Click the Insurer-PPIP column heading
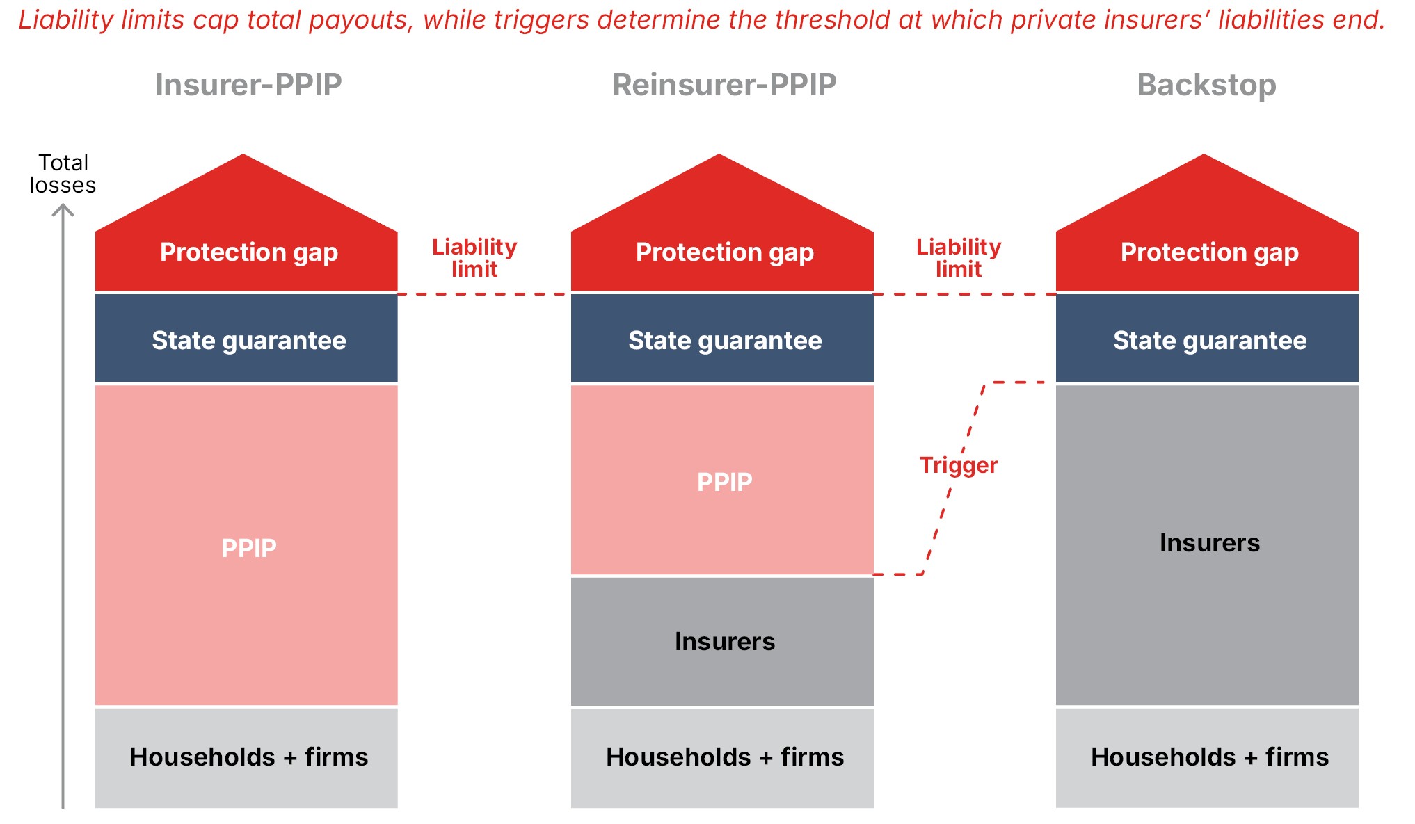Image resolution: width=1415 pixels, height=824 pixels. (x=248, y=85)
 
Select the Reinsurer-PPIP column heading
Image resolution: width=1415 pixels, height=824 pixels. (x=724, y=85)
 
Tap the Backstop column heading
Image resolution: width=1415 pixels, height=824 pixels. (x=1206, y=85)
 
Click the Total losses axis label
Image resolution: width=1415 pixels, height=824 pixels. (x=63, y=174)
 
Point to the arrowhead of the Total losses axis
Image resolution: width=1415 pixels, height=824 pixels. (x=63, y=205)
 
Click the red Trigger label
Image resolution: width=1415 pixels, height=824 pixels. (x=959, y=464)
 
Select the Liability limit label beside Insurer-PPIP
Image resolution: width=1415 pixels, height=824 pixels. (x=474, y=258)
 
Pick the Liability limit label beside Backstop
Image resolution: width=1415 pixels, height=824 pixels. (x=959, y=258)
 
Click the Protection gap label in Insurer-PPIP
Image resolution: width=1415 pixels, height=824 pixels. (x=249, y=252)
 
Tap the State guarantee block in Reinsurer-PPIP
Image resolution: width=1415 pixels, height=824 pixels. (x=722, y=339)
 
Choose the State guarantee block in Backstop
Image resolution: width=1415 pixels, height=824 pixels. (x=1207, y=339)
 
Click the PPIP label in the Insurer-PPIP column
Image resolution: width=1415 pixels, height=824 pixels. (x=248, y=548)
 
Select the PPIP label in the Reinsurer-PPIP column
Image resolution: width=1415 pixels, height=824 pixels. (x=724, y=482)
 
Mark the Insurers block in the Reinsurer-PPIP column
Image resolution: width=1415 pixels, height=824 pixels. (x=722, y=642)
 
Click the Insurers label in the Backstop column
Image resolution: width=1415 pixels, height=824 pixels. (x=1209, y=542)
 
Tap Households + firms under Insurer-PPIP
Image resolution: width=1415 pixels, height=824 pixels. (x=248, y=757)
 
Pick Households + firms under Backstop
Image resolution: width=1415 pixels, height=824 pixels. (x=1209, y=757)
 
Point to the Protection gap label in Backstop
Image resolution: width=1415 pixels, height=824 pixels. (x=1209, y=252)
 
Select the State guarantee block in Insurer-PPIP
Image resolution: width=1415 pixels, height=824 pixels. (x=246, y=339)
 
